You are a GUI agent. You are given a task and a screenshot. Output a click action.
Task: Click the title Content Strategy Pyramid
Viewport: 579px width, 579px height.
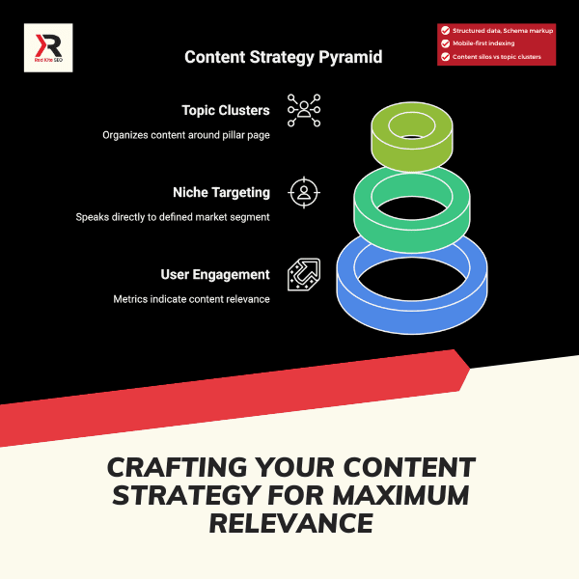[283, 58]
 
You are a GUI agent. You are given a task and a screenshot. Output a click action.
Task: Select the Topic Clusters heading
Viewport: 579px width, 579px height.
[226, 110]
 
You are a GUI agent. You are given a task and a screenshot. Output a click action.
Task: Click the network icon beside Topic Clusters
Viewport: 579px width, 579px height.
[304, 111]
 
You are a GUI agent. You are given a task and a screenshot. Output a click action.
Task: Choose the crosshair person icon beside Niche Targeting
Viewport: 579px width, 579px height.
[304, 192]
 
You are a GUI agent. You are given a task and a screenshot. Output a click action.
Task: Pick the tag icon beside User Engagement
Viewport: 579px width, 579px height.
[304, 274]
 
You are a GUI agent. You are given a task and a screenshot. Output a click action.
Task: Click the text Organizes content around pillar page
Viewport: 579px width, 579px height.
[186, 134]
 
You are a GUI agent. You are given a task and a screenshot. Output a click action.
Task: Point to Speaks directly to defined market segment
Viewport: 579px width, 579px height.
[173, 217]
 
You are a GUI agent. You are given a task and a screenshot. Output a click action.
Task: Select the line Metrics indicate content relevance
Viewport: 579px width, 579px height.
[191, 299]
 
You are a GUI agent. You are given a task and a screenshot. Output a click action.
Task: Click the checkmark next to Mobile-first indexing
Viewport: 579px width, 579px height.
[445, 43]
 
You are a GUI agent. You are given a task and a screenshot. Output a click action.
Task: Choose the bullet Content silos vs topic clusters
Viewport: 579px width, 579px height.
[504, 57]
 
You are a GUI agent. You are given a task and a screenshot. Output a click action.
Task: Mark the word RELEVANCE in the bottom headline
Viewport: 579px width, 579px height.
[290, 523]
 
